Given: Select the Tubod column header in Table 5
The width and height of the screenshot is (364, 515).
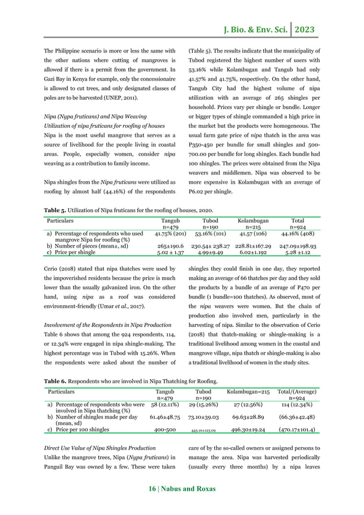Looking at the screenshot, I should [211, 220].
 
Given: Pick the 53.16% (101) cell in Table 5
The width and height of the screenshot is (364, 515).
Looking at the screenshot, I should [211, 234].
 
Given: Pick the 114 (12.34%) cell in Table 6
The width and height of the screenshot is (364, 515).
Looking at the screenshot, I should [296, 404].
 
